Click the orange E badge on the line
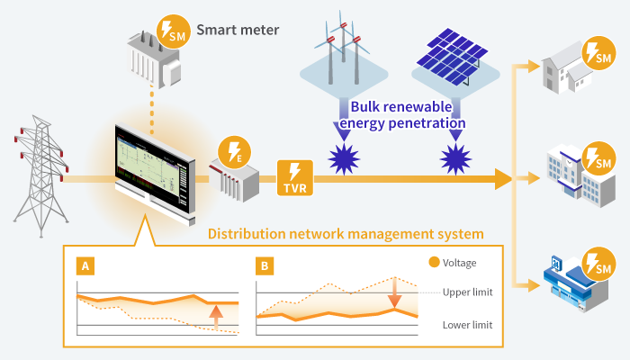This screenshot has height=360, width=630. tap(237, 152)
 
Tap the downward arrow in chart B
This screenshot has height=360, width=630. tap(393, 295)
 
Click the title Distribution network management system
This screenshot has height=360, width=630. tap(346, 234)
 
